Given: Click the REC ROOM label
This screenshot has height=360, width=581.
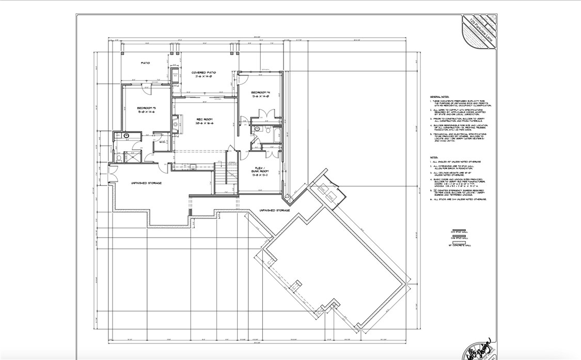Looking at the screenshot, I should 204,119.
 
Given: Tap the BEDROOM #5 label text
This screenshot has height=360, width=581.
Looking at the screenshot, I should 146,107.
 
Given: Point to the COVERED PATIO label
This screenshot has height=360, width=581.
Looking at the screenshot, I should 204,73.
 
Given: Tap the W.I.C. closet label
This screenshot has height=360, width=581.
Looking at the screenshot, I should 162,142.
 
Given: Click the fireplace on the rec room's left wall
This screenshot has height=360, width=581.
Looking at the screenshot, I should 175,124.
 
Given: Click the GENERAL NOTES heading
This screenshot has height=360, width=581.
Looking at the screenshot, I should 438,97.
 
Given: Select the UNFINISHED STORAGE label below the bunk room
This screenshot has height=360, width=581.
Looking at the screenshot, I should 274,211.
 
